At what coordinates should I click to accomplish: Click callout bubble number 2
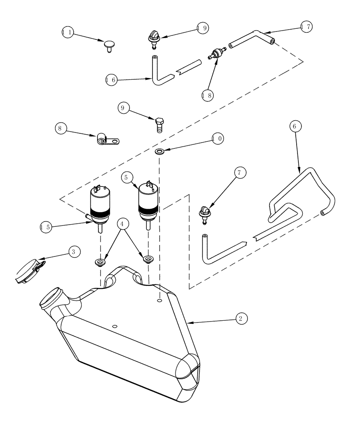click(240, 318)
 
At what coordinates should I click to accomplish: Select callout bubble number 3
click(74, 251)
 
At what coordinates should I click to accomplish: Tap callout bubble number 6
click(297, 126)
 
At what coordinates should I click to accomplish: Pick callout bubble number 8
click(61, 128)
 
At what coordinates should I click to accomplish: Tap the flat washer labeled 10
click(160, 152)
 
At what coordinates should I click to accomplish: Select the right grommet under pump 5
click(146, 257)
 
